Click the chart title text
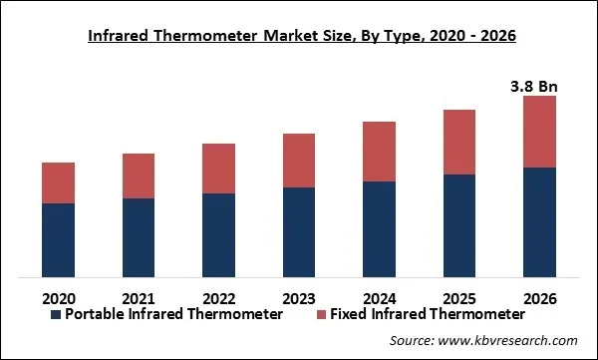299,36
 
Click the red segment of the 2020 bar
58,182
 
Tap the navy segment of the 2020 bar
58,239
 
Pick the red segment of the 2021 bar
139,176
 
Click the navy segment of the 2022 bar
218,234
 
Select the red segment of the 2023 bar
299,160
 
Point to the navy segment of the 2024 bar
379,228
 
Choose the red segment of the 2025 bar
459,142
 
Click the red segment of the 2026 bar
539,132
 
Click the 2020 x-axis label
58,297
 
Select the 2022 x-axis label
218,297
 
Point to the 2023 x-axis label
299,297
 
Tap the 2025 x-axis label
459,297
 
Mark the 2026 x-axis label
539,297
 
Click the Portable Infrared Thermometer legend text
174,314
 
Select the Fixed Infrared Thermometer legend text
414,314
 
